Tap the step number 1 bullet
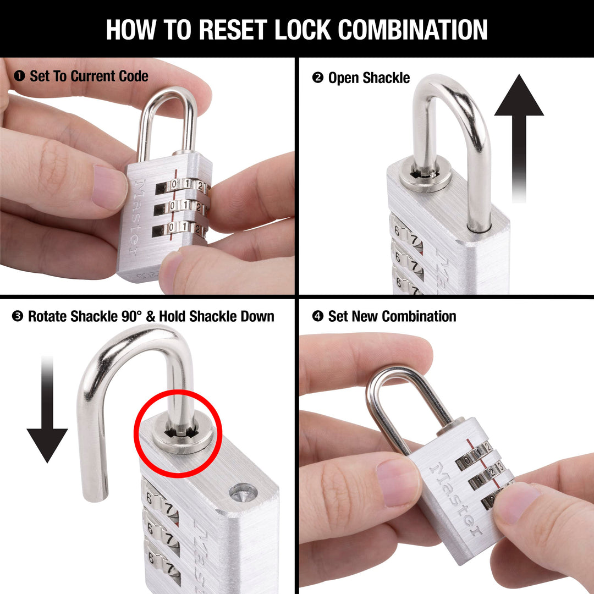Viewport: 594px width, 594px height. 19,76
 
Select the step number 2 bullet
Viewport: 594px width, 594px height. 317,78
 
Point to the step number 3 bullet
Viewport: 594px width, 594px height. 18,316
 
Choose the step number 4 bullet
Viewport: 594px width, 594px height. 317,316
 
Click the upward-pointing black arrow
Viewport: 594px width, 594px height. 519,137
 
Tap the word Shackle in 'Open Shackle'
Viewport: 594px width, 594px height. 384,78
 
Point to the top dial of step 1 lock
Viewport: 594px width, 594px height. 184,185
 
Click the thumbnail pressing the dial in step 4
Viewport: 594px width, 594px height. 518,501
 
